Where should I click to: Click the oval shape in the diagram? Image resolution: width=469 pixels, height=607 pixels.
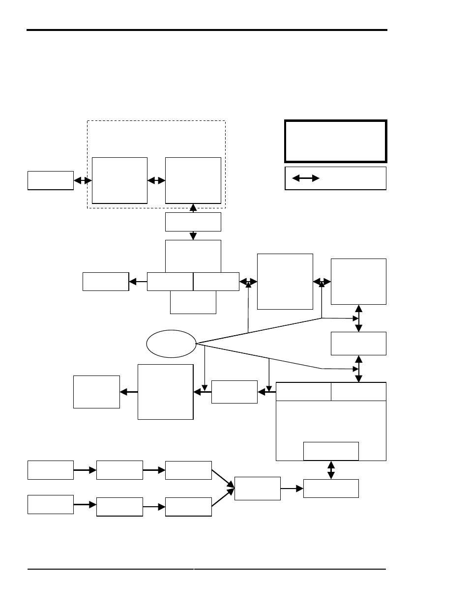171,344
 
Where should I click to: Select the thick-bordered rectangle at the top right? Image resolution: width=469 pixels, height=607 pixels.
336,141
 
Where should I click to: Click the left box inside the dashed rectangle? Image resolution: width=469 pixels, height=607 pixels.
120,180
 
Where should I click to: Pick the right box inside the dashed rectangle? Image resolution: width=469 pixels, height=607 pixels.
193,180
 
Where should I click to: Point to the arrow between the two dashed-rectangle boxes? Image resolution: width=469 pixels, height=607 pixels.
156,181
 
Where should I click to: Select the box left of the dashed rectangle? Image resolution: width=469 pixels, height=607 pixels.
51,180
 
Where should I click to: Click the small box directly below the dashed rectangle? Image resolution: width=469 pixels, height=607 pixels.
193,222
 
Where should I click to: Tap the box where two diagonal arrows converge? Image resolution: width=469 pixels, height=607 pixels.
258,489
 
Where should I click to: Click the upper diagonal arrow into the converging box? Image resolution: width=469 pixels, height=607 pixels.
223,479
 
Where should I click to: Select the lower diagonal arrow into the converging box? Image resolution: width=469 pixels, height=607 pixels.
223,498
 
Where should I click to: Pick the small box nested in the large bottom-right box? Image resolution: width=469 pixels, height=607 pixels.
331,451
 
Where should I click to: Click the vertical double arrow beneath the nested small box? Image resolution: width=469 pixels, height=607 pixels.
331,470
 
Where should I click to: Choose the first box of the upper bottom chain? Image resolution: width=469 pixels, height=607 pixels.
51,470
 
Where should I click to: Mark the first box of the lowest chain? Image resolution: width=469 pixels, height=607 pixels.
51,504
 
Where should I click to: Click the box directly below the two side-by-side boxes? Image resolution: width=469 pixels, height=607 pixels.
193,303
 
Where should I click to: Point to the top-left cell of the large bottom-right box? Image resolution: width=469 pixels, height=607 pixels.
303,392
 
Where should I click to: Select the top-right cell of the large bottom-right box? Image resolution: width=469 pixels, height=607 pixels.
358,392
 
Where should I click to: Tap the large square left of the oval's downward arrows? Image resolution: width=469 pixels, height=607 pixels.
166,392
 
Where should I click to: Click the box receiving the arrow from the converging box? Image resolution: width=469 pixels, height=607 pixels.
331,489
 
